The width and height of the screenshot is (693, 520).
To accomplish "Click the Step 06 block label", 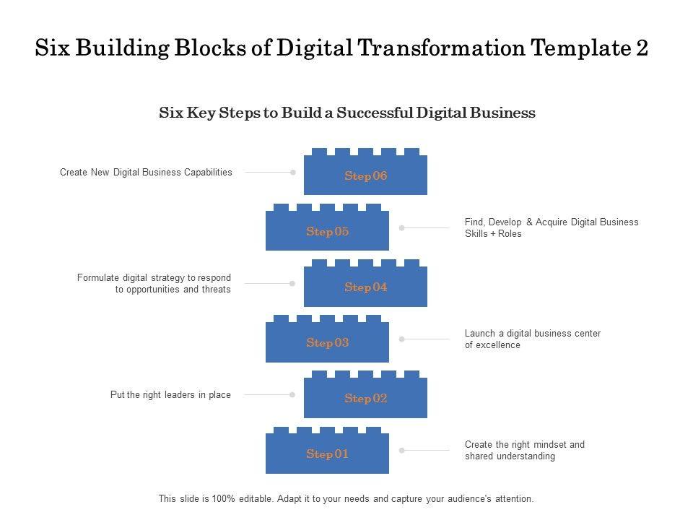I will pos(366,176).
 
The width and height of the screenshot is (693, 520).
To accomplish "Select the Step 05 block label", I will pos(328,232).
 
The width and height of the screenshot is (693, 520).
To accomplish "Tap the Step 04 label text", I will pos(366,287).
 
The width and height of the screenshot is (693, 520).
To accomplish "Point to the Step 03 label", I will pos(328,343).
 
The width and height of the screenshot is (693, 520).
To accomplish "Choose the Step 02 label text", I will pos(366,399).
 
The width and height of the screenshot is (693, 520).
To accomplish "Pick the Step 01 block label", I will pos(328,454).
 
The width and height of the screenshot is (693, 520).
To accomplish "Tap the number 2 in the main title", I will pos(641,48).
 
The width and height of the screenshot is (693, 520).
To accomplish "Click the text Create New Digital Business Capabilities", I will pos(146,173).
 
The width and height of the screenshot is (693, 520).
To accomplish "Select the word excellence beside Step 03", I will pos(498,345).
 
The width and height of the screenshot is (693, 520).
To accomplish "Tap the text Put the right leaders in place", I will pos(170,395).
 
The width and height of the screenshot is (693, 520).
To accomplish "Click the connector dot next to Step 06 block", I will pos(293,173).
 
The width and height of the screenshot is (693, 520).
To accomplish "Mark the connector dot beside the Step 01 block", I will pos(402,451).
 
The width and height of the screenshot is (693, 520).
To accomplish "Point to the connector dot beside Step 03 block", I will pos(402,339).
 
